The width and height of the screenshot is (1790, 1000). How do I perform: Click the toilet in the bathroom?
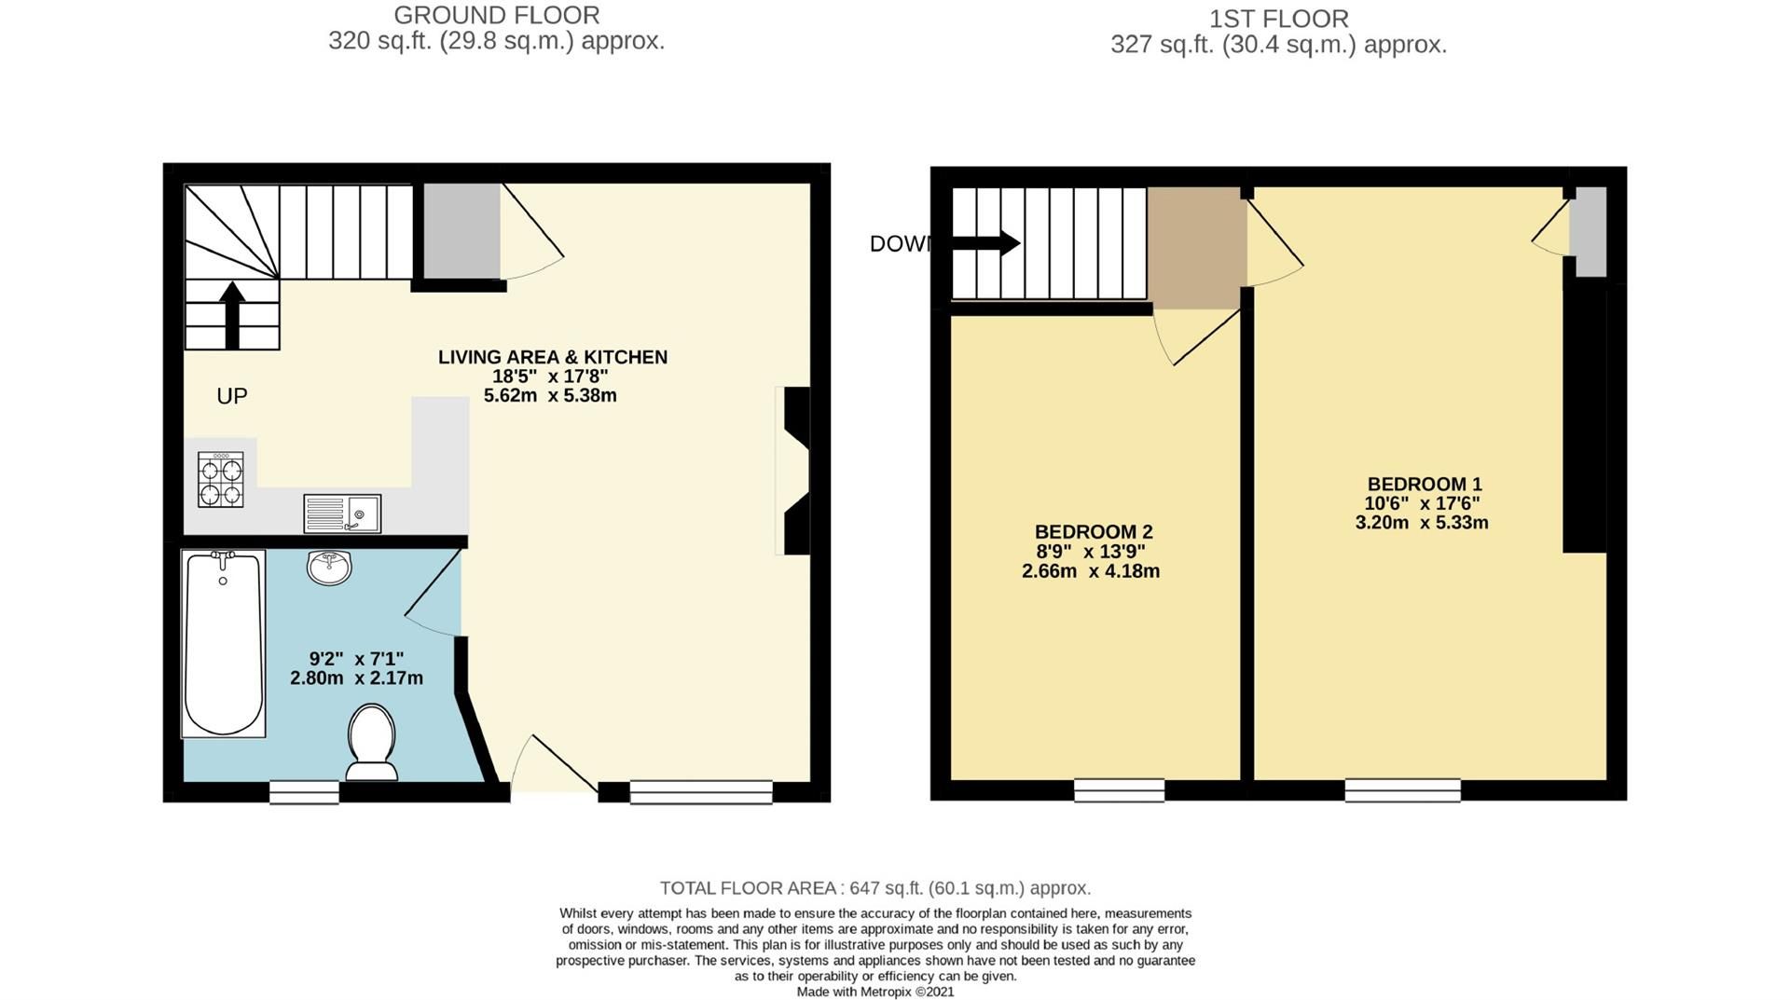pos(371,742)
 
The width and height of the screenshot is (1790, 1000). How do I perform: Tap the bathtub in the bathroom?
pos(223,643)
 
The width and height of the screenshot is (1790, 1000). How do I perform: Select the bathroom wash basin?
pos(328,567)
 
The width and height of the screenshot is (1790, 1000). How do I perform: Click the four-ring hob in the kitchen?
pos(221,479)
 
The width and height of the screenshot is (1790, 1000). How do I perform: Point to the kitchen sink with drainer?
pos(342,514)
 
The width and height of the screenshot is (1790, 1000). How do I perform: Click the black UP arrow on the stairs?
pos(232,315)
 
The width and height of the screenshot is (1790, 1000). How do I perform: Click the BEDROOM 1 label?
pos(1424,485)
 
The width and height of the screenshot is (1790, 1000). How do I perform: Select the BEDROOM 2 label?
pos(1094,532)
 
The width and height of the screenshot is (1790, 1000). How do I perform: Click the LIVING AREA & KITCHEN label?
pos(553,357)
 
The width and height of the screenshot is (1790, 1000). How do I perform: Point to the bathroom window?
pos(304,792)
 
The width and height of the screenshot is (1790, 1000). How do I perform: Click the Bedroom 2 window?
pos(1119,790)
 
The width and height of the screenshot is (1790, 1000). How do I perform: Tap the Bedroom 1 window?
pos(1402,790)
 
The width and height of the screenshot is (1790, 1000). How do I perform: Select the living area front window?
pos(701,792)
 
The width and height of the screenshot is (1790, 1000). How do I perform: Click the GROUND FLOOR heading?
pos(496,16)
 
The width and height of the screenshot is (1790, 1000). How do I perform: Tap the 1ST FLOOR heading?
pos(1278,19)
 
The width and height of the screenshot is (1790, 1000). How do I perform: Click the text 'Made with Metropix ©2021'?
pos(875,992)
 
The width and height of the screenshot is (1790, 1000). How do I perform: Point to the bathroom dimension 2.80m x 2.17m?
pos(356,678)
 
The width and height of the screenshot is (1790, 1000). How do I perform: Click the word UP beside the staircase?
pos(232,396)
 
